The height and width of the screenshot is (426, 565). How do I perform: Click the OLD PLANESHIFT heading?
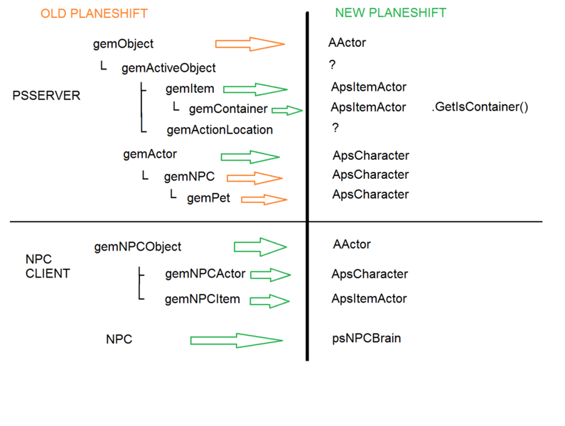[94, 14]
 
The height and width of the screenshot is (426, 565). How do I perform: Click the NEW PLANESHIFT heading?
[390, 13]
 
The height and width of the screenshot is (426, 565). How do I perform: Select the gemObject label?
[123, 44]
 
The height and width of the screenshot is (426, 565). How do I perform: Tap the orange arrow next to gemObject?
[249, 44]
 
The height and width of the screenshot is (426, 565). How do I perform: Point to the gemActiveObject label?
[168, 68]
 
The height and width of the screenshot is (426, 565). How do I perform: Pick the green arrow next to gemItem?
[255, 89]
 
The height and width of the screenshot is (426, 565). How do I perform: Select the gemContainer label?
[228, 109]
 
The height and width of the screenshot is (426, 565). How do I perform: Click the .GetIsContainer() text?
[480, 108]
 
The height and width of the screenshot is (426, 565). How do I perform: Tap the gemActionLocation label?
[220, 130]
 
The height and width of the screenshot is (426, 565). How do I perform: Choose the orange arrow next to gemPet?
[264, 200]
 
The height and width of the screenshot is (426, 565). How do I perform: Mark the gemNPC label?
[189, 177]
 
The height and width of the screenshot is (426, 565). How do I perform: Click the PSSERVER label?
[46, 96]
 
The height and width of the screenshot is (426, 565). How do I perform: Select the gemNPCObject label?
[137, 247]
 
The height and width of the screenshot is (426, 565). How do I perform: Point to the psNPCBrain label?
[366, 339]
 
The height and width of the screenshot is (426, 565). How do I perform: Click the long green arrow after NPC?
[237, 341]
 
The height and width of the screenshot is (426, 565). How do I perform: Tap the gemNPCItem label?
[202, 300]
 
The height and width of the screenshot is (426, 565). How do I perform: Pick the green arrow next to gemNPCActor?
[270, 275]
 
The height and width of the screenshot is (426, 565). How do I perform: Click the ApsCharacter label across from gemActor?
[370, 155]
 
